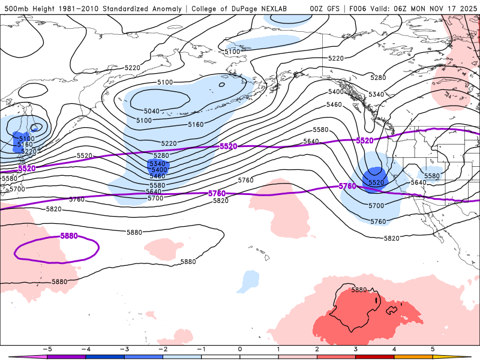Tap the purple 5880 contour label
(70, 236)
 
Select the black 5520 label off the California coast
(376, 182)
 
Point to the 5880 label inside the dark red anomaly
(359, 290)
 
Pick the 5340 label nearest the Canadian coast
(376, 95)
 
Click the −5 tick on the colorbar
(46, 349)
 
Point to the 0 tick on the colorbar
(240, 349)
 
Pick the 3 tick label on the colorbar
(356, 349)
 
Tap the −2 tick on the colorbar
(163, 349)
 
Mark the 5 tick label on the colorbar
(433, 349)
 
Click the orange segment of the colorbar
(414, 356)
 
